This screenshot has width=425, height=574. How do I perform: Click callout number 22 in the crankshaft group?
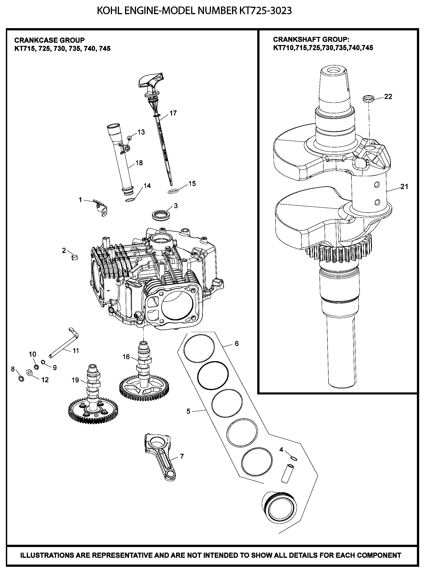(x=388, y=97)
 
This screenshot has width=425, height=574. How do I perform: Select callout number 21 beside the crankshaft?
(x=404, y=186)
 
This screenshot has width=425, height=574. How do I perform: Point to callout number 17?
(x=173, y=113)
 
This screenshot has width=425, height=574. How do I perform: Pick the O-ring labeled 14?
(x=130, y=200)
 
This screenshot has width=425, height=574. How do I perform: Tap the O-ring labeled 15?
(x=173, y=191)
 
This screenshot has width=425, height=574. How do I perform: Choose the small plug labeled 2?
(x=74, y=257)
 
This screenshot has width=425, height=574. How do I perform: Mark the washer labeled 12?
(x=29, y=372)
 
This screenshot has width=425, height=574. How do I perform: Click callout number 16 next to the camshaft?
(x=126, y=357)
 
